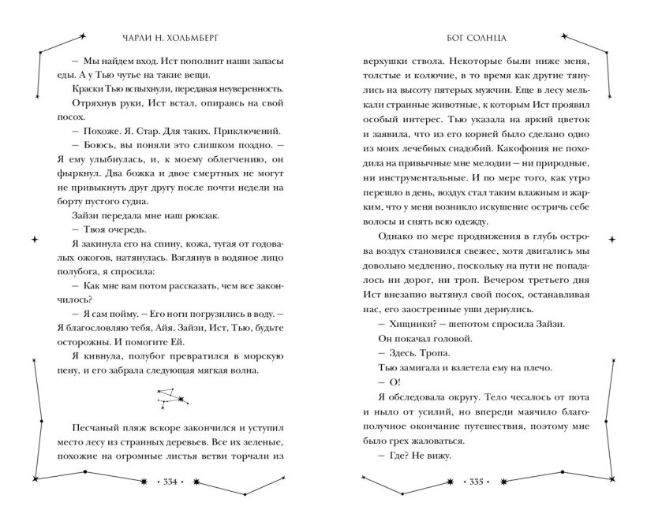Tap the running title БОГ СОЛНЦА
tap(484, 36)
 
